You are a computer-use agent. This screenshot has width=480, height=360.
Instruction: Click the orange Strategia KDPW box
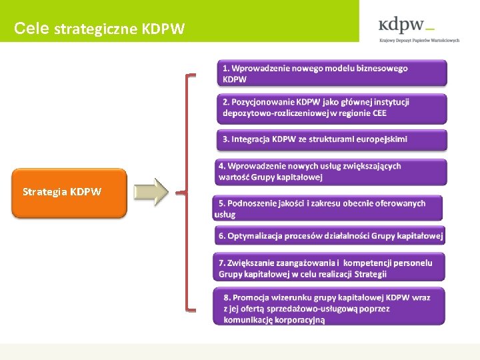pos(69,193)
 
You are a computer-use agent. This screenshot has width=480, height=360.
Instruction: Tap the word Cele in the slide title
pos(31,29)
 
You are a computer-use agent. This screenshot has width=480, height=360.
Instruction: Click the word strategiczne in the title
pos(96,29)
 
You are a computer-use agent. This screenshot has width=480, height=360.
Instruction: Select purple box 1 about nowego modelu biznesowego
pos(332,73)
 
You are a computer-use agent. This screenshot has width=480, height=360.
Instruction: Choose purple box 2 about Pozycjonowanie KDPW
pos(332,108)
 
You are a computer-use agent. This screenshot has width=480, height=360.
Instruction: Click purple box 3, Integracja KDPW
pos(332,139)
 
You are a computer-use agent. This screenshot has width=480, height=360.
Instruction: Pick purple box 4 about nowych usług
pos(331,171)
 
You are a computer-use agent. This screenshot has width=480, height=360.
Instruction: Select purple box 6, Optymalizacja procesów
pos(330,236)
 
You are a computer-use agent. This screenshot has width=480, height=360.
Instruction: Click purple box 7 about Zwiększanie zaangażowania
pos(330,268)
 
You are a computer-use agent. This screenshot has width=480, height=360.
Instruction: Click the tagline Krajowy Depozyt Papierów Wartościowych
pos(419,40)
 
